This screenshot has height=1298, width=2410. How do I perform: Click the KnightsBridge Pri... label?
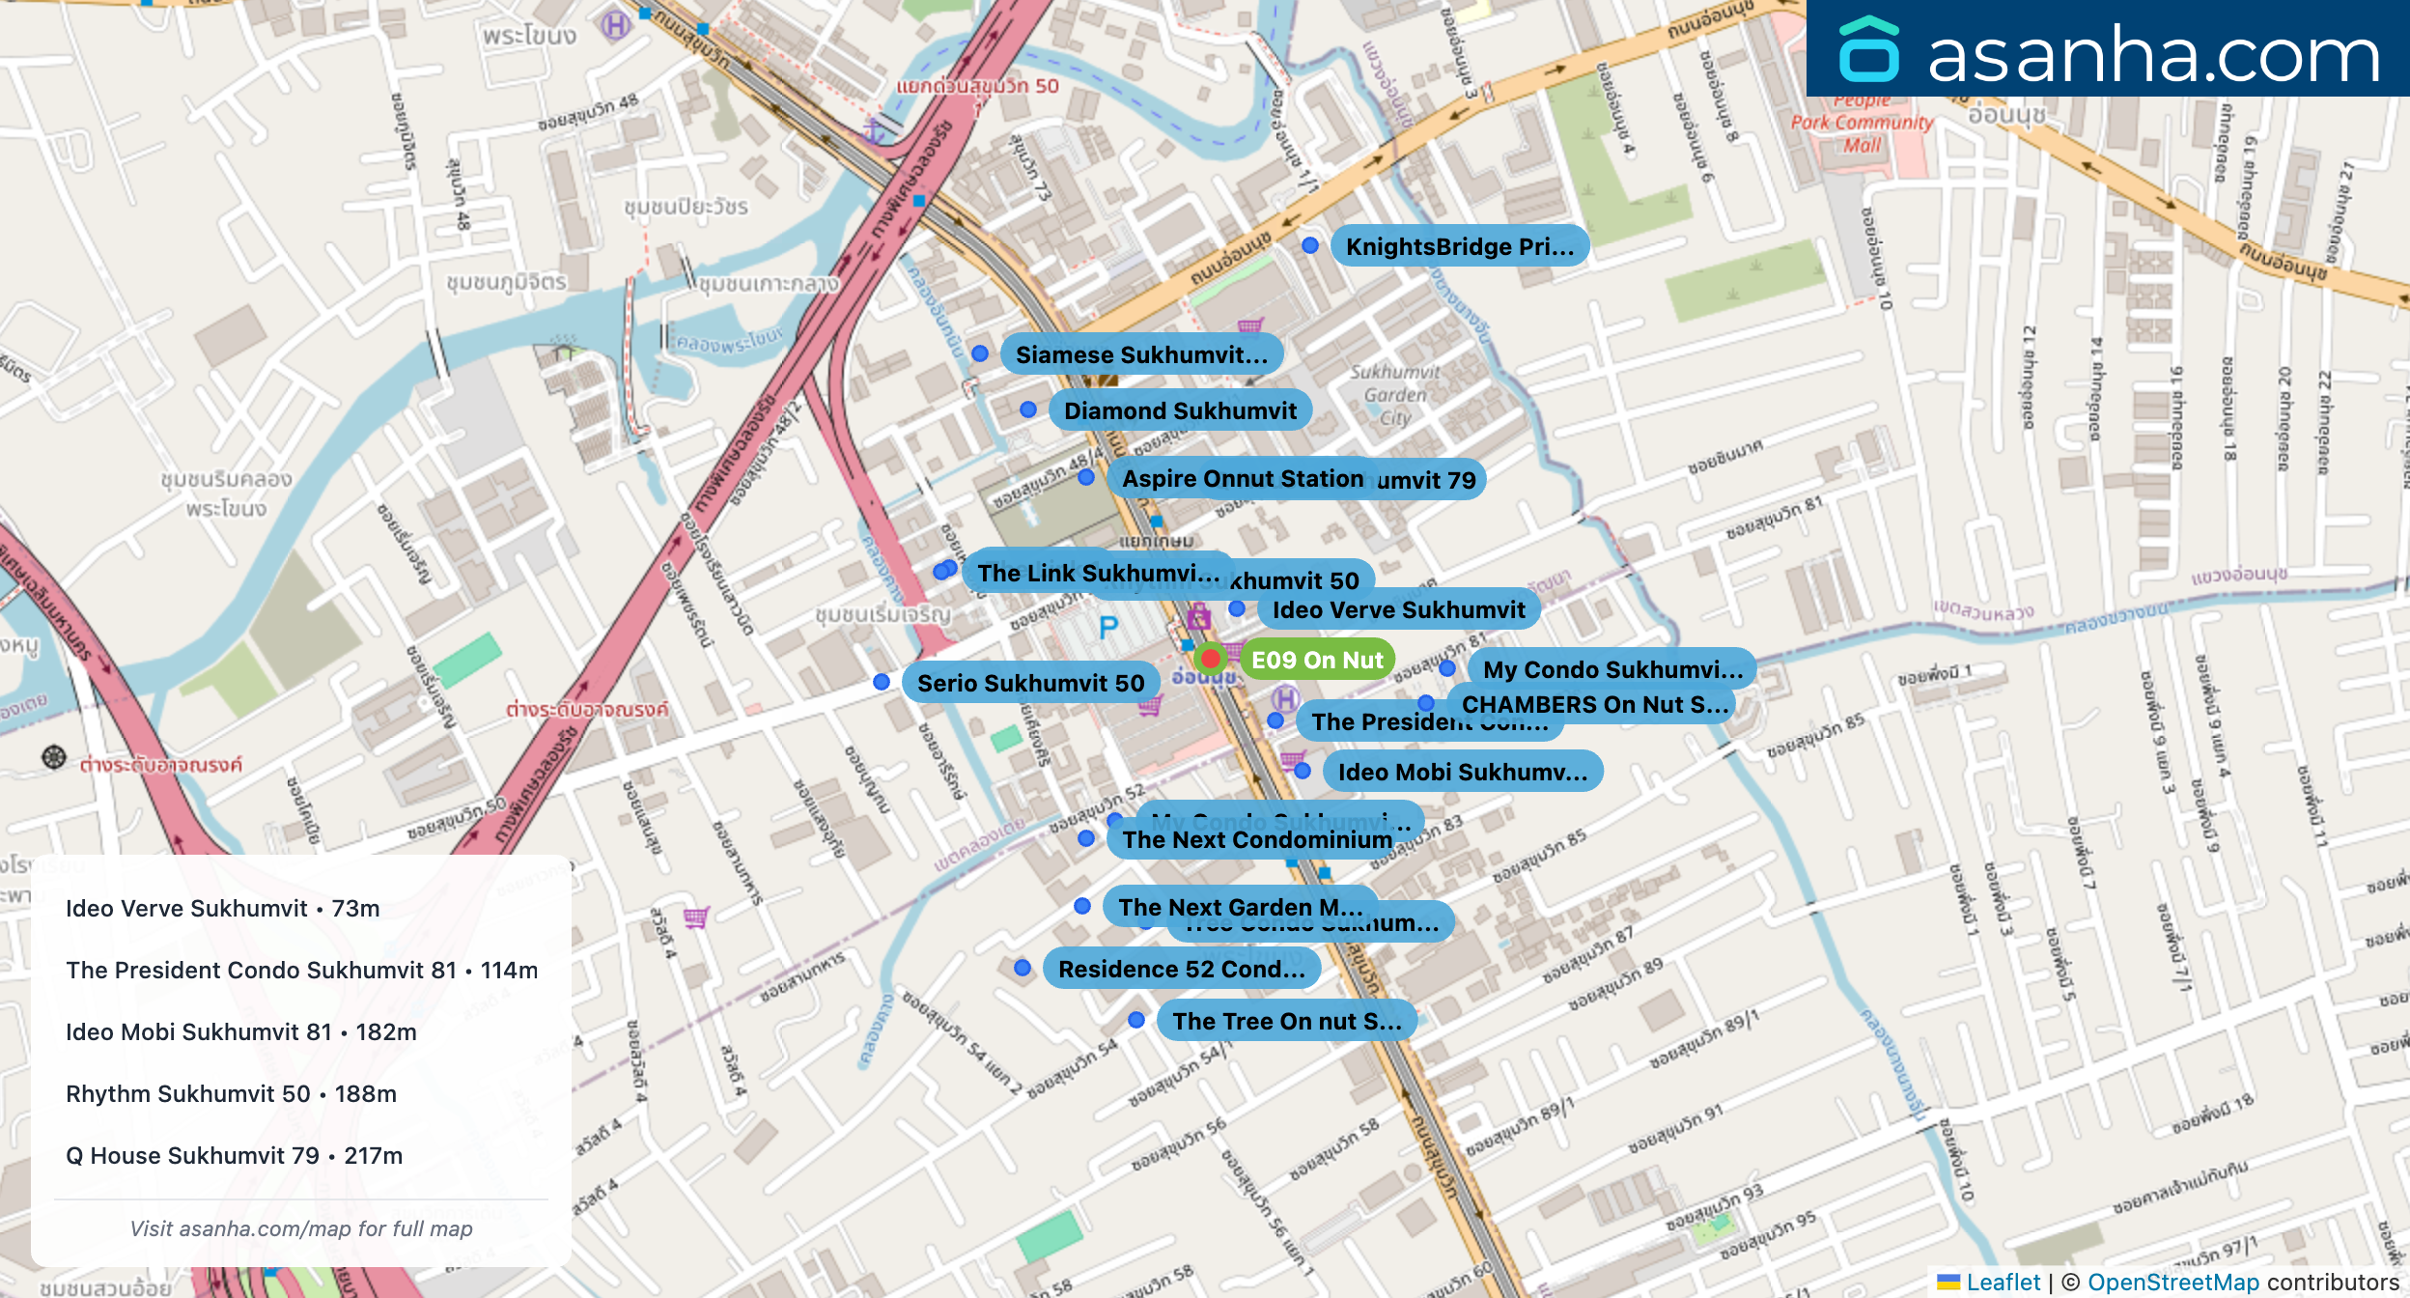(x=1459, y=246)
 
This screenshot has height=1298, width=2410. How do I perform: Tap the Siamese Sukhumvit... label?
(x=1141, y=354)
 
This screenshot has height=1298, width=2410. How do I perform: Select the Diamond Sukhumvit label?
(x=1180, y=410)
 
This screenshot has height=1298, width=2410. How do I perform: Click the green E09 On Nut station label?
(x=1317, y=660)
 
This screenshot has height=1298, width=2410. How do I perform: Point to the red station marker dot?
(x=1210, y=659)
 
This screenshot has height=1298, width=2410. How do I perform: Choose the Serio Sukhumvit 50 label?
(x=1030, y=683)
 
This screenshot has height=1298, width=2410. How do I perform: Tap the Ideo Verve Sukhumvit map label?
(x=1398, y=609)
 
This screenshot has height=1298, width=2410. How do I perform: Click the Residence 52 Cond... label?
(x=1181, y=969)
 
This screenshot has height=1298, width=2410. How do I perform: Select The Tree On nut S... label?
(x=1286, y=1021)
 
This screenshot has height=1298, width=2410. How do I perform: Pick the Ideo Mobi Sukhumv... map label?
(x=1462, y=772)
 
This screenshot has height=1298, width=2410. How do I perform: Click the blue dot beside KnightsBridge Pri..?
(x=1310, y=245)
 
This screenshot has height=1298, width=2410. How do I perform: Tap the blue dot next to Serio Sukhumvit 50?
(x=882, y=682)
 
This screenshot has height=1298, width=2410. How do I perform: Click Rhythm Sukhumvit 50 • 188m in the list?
(x=231, y=1093)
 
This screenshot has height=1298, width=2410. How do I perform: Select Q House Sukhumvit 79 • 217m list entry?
(x=234, y=1155)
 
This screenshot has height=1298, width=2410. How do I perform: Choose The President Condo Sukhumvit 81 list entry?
(x=301, y=970)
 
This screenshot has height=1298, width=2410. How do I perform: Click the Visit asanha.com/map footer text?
(x=301, y=1228)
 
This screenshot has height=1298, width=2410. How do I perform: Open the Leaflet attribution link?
(x=2003, y=1282)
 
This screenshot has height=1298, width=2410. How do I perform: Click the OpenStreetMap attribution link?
(x=2172, y=1282)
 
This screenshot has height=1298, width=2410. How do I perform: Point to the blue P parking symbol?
(x=1108, y=628)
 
